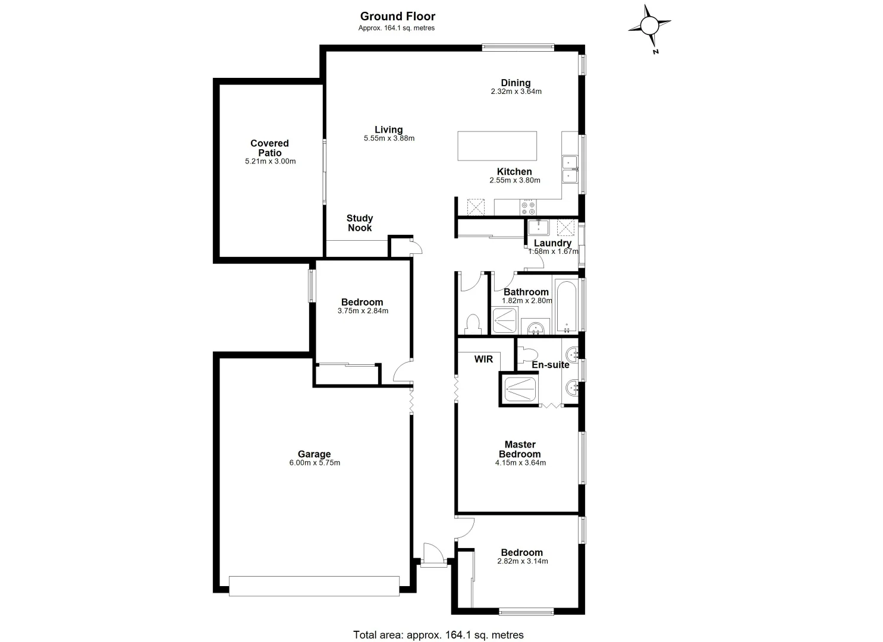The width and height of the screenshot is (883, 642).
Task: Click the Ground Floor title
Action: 397,17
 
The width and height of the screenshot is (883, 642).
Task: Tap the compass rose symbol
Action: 649,26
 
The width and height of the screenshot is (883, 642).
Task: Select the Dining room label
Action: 516,83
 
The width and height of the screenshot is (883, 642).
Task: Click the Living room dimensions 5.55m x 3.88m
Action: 389,139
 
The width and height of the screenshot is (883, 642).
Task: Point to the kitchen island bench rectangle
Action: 497,146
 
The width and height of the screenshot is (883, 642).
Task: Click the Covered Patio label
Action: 269,148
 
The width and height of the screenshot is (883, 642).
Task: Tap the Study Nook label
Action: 360,223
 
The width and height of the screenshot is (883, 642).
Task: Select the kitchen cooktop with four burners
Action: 527,207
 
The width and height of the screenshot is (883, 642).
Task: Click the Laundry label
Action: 552,243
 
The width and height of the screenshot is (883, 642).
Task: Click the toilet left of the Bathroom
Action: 473,324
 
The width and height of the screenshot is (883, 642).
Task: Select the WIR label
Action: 483,359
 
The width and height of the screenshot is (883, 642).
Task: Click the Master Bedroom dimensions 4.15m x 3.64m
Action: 520,462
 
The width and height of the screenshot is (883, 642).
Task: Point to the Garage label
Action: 314,454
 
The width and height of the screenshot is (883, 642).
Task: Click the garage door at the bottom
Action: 314,585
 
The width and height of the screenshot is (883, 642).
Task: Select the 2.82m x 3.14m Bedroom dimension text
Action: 522,561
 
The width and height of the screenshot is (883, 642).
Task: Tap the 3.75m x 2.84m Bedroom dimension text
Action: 363,311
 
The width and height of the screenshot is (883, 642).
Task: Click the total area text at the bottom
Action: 438,635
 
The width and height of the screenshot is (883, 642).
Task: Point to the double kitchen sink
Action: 570,169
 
